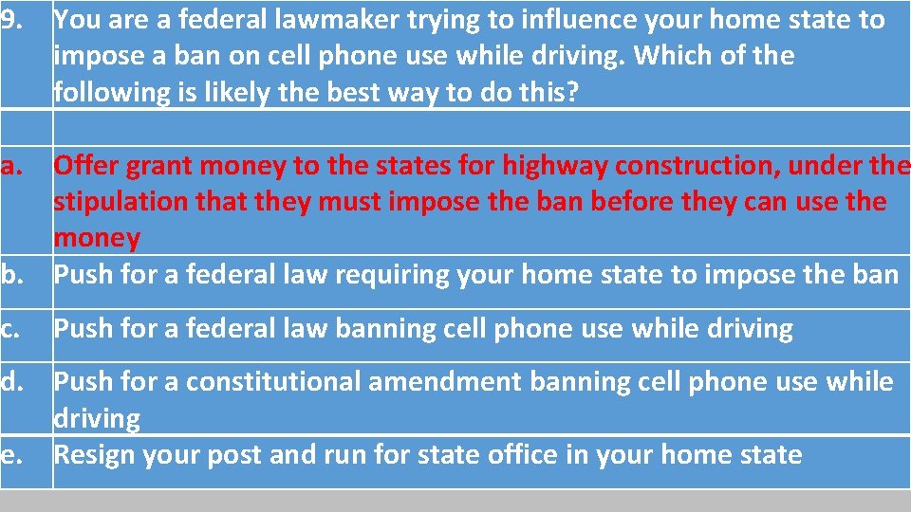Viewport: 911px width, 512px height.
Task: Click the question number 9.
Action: click(11, 20)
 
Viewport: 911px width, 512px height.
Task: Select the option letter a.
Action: click(12, 167)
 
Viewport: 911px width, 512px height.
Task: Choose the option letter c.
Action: click(12, 330)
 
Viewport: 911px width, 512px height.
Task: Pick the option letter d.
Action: click(12, 383)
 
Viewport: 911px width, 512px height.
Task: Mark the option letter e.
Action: click(12, 455)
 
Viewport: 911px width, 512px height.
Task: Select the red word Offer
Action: click(86, 167)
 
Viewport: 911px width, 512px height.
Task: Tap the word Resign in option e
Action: click(96, 455)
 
